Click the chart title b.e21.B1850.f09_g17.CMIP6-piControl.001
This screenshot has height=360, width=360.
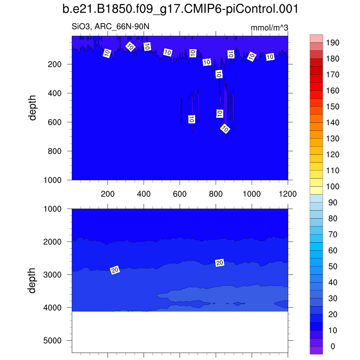point(180,9)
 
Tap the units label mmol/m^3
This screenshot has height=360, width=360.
point(269,28)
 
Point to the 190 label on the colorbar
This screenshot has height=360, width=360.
point(332,43)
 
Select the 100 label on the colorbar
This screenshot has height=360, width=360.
point(332,187)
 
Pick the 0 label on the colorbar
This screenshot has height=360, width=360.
point(333,347)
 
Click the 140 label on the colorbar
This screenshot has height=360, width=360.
point(332,123)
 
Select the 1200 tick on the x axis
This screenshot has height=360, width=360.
point(288,194)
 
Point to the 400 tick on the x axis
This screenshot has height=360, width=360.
point(144,194)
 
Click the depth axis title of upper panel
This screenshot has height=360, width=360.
point(33,108)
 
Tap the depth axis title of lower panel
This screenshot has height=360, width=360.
point(33,280)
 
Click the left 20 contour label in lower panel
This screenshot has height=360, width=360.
point(115,270)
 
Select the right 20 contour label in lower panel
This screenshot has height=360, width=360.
point(220,263)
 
